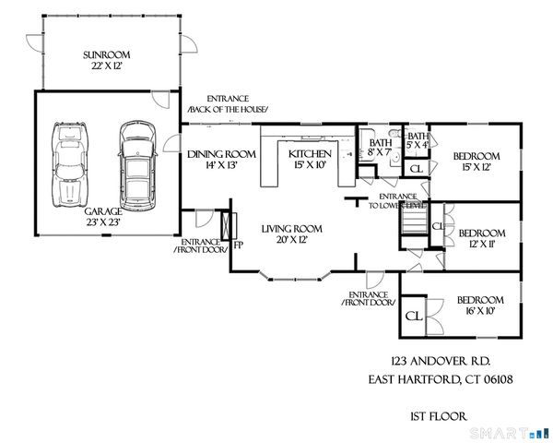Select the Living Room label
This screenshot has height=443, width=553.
pos(290,234)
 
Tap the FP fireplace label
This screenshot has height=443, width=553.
pos(238,245)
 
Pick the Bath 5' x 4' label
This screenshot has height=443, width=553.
pos(418,140)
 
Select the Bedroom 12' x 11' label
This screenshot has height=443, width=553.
pos(481,238)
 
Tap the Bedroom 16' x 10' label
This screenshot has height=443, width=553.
pos(480,305)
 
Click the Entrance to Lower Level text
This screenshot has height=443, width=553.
pos(396,201)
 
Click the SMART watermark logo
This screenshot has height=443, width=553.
pos(508,432)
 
